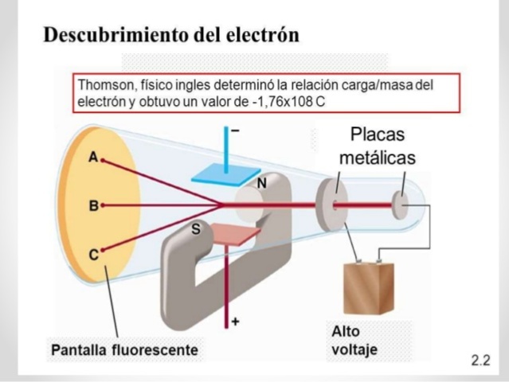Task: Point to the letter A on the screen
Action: coord(93,158)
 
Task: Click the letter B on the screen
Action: coord(93,205)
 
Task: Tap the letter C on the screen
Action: coord(93,255)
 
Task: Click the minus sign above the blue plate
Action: coord(235,130)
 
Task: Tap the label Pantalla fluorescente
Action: coord(125,349)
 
